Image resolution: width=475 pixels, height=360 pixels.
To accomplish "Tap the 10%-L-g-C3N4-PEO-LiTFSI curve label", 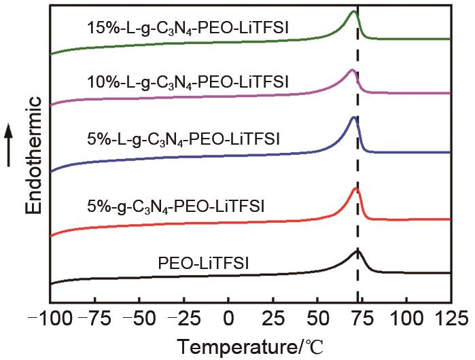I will pyautogui.click(x=188, y=83).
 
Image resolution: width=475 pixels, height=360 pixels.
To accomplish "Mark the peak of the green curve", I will pyautogui.click(x=353, y=12).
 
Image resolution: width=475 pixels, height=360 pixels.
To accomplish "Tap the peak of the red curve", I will pyautogui.click(x=356, y=188).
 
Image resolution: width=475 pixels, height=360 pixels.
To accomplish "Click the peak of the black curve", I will pyautogui.click(x=357, y=251).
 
